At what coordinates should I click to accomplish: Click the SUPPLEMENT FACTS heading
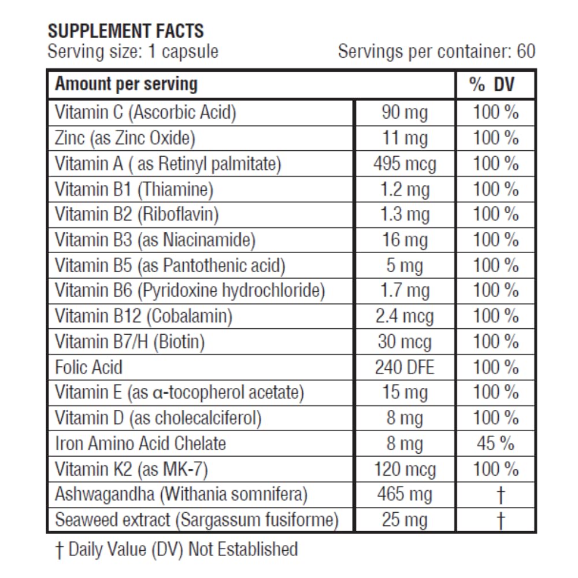click(x=125, y=31)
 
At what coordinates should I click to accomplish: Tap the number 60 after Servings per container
click(x=525, y=51)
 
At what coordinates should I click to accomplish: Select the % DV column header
click(x=492, y=85)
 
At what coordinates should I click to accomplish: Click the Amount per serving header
click(x=126, y=84)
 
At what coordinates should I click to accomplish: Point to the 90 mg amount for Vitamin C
click(x=405, y=112)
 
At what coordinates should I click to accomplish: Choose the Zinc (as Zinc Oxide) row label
click(x=125, y=138)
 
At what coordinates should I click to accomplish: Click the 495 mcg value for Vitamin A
click(x=405, y=164)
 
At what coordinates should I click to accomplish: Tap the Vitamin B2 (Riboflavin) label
click(x=137, y=214)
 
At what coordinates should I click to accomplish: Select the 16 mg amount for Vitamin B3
click(x=405, y=240)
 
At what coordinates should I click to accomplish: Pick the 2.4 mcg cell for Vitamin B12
click(x=405, y=316)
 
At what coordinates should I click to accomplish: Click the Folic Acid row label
click(x=88, y=367)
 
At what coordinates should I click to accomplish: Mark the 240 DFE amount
click(x=405, y=367)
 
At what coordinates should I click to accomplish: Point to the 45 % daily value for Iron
click(x=495, y=443)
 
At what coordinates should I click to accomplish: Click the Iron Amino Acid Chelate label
click(x=140, y=443)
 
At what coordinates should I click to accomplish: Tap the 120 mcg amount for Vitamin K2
click(x=405, y=469)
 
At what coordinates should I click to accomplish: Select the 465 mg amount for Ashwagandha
click(x=405, y=494)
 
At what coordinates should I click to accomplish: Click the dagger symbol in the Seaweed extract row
click(x=501, y=520)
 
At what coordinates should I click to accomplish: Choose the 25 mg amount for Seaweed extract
click(x=405, y=520)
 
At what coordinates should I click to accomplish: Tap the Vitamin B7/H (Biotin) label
click(x=129, y=342)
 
